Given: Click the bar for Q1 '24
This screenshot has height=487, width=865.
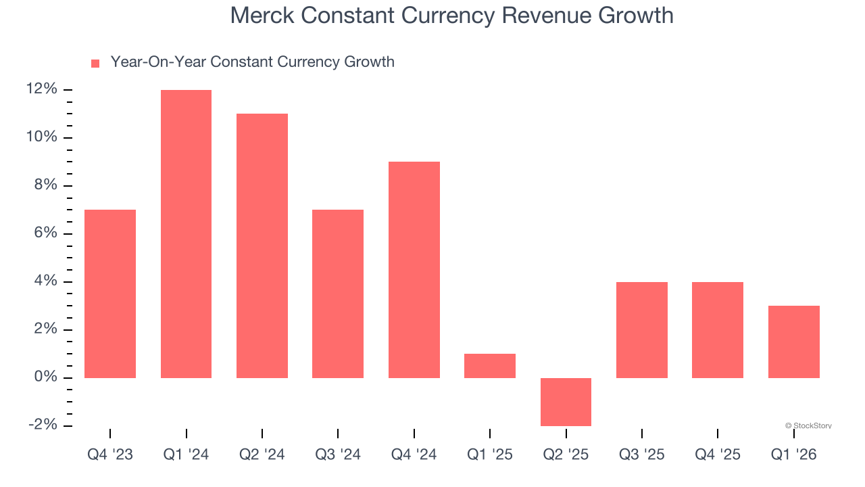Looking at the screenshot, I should [x=186, y=233].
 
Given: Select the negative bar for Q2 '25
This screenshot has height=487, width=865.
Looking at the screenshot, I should [x=566, y=402].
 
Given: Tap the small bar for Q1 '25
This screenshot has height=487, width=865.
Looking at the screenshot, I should [x=490, y=366].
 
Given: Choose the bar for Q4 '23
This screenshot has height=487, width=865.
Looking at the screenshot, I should [x=110, y=294].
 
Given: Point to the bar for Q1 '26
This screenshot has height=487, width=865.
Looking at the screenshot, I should [x=793, y=342].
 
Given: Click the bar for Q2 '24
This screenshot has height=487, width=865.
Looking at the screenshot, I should [x=262, y=246].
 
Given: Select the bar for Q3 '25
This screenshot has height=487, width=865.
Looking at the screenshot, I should [x=641, y=329].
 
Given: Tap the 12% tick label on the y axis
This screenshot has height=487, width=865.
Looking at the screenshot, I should [x=42, y=89].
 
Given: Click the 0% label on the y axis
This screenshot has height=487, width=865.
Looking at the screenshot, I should [x=45, y=377].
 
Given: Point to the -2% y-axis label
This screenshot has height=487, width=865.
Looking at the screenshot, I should [x=42, y=425].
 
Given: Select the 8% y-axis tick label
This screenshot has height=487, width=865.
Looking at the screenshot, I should [x=45, y=185].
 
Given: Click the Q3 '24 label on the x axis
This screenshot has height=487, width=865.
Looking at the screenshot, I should [x=338, y=455].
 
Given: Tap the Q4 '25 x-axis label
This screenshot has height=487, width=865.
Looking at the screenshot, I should [x=718, y=455].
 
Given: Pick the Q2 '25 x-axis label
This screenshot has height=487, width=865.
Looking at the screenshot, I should [x=566, y=455].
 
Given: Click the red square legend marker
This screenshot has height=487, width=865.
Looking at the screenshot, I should [x=95, y=63].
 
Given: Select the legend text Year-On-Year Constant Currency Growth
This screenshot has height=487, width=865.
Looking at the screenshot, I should [x=252, y=62].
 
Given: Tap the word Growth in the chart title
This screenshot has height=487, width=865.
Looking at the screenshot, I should [x=635, y=15].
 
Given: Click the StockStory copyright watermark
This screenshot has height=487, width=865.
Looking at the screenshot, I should [x=808, y=425].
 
